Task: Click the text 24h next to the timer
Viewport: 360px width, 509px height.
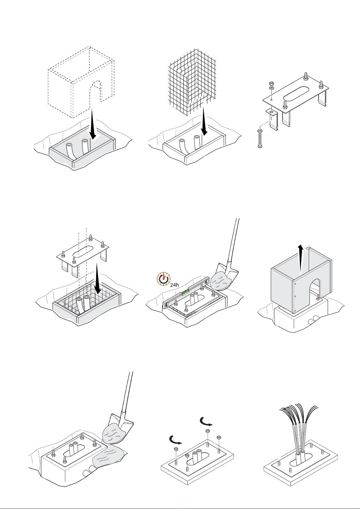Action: [174, 285]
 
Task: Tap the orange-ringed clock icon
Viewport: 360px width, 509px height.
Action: [164, 279]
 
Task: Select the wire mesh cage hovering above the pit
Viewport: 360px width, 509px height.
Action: [192, 82]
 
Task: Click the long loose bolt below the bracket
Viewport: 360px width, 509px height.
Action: [260, 139]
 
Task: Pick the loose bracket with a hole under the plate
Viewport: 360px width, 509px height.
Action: [272, 119]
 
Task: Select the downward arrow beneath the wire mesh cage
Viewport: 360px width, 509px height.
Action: [204, 121]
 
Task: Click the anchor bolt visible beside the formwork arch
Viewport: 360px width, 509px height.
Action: [318, 297]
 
